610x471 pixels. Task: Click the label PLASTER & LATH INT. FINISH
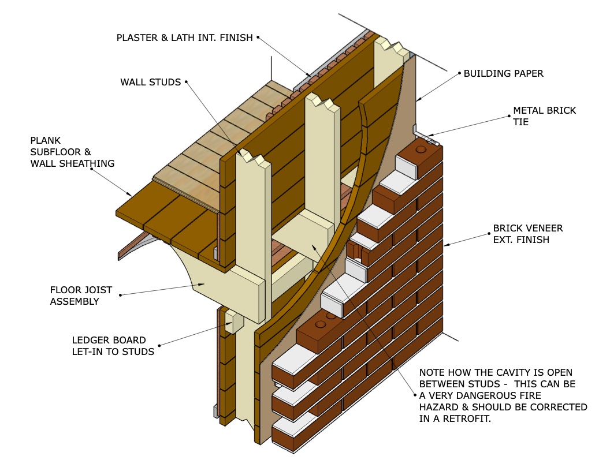(185, 38)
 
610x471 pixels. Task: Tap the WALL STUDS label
(151, 82)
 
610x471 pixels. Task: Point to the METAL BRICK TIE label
(545, 116)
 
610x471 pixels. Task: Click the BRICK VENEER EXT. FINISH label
(527, 234)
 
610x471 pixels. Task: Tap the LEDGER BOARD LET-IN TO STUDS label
(113, 345)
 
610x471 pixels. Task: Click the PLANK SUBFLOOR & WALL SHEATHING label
(73, 152)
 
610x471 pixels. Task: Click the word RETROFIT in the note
(462, 419)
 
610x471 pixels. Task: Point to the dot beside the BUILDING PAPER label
(459, 74)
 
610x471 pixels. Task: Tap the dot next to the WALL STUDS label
(187, 82)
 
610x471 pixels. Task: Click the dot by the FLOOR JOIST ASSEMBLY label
(120, 296)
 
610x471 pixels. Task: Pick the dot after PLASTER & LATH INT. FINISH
(258, 38)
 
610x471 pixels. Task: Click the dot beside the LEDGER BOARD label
(159, 345)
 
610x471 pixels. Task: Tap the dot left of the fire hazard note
(414, 395)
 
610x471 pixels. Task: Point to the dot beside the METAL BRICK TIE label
(508, 116)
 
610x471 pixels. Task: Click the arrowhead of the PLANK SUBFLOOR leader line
(131, 195)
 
